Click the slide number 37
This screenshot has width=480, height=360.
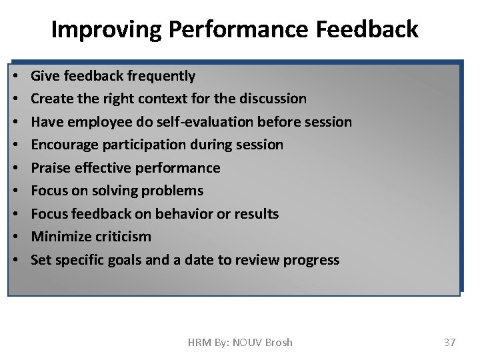point(449,342)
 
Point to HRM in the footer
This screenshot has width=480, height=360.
point(199,342)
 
